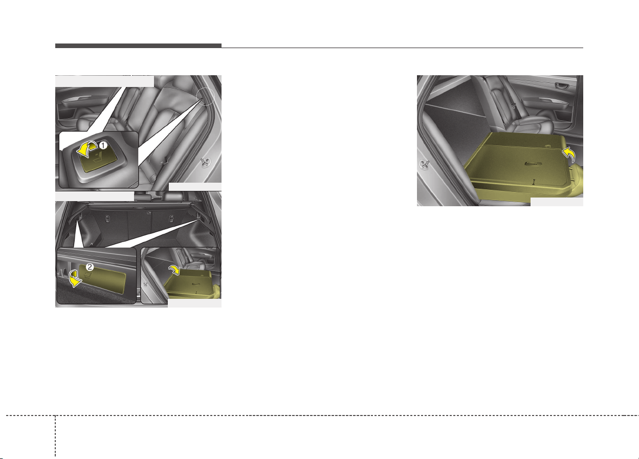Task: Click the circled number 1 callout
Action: (103, 145)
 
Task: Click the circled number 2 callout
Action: (90, 267)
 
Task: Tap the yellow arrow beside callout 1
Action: (87, 149)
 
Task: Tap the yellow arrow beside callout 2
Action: (75, 278)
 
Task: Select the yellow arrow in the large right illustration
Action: (569, 155)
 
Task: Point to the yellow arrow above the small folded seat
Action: (174, 269)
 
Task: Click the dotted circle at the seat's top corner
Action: (205, 96)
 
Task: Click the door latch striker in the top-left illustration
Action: (205, 162)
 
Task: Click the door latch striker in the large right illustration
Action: (424, 165)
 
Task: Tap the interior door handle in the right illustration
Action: (561, 85)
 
